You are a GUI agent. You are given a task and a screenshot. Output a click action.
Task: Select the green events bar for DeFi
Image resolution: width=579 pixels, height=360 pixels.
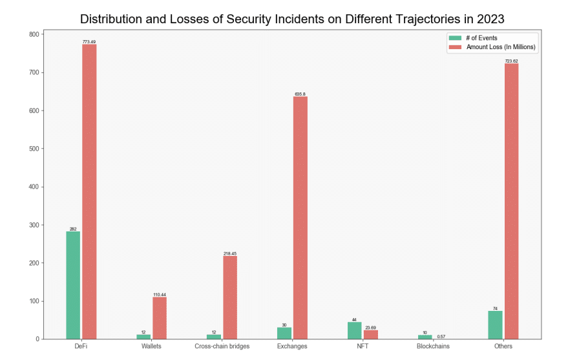click(73, 285)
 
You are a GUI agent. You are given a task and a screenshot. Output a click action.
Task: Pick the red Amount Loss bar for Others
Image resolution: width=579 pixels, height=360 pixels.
click(511, 201)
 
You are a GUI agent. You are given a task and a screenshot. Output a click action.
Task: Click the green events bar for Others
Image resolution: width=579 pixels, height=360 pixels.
click(495, 325)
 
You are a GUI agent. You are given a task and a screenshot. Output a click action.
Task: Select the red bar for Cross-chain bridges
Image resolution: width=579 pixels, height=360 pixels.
click(230, 297)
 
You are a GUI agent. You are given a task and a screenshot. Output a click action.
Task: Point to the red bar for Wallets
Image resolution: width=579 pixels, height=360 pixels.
click(160, 318)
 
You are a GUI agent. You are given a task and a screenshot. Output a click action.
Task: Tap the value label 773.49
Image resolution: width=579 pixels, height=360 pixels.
click(89, 41)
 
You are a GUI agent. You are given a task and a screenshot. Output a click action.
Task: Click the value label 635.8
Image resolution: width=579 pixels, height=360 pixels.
click(300, 94)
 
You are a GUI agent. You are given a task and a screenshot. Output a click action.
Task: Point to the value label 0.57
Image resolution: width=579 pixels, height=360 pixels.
click(441, 336)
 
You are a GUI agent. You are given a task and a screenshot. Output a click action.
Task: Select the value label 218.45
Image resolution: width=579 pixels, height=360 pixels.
click(230, 253)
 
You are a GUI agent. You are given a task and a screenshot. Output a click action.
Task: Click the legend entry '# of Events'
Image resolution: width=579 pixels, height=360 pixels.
click(481, 38)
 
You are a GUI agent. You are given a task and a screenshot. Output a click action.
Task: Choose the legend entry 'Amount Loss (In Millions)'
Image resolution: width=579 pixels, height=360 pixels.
click(501, 47)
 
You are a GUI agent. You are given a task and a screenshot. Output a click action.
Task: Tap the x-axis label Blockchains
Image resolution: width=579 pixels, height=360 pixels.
click(433, 346)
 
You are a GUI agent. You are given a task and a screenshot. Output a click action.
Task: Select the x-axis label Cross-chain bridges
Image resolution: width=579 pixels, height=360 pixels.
click(222, 346)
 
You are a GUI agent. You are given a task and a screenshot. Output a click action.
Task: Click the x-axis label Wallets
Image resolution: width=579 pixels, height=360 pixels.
click(152, 346)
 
